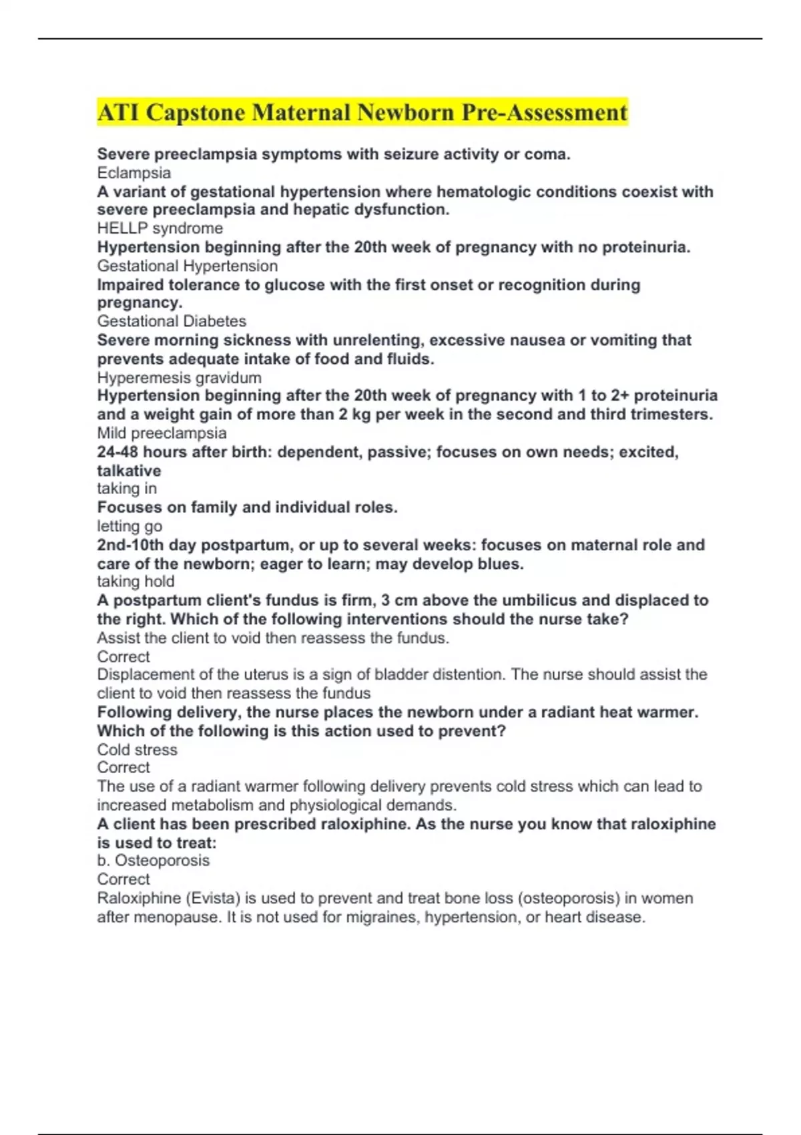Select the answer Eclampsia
point(133,173)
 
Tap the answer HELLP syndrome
point(160,228)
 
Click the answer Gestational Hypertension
point(187,266)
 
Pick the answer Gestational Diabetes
point(172,321)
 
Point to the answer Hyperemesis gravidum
point(179,378)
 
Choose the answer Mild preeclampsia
point(162,433)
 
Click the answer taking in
point(127,489)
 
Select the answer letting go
point(129,526)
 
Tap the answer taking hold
point(136,582)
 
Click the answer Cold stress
point(137,750)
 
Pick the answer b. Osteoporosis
point(153,861)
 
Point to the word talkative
point(129,471)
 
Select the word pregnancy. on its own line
point(140,303)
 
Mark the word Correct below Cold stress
point(123,768)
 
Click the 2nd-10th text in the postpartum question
point(130,545)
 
